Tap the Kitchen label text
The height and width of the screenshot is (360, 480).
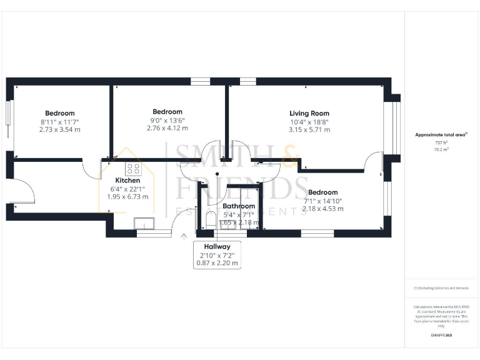[124, 180]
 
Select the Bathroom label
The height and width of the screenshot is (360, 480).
[239, 206]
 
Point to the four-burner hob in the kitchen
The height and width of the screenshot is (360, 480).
[133, 167]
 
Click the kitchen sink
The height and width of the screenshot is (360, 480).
[145, 223]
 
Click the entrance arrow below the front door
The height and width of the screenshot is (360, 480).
[183, 236]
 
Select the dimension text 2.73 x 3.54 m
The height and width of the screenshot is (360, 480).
[60, 129]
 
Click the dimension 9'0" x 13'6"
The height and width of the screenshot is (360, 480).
[167, 120]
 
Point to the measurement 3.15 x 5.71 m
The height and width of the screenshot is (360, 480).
[309, 130]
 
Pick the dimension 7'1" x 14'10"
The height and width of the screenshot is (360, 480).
[322, 201]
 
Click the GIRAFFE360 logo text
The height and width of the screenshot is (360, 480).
[441, 336]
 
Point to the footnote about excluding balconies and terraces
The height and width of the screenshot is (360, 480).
[441, 288]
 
